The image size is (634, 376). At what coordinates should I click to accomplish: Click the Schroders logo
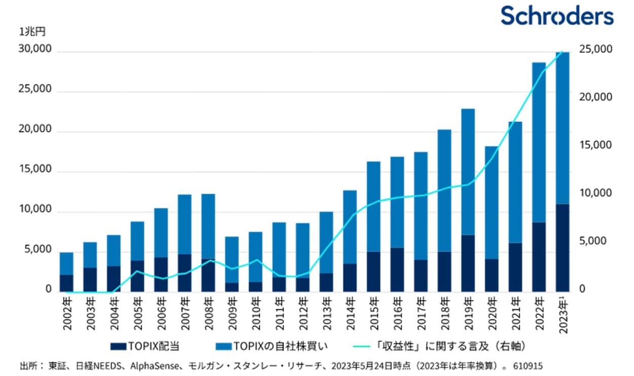[557, 16]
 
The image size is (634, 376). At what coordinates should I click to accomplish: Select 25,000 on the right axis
[595, 49]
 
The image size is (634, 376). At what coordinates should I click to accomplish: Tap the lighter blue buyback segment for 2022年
[539, 142]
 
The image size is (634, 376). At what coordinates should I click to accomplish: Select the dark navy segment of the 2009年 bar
[232, 287]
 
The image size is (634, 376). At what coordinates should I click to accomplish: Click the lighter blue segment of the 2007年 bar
[185, 224]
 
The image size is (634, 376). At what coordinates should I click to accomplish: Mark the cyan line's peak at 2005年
[137, 271]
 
